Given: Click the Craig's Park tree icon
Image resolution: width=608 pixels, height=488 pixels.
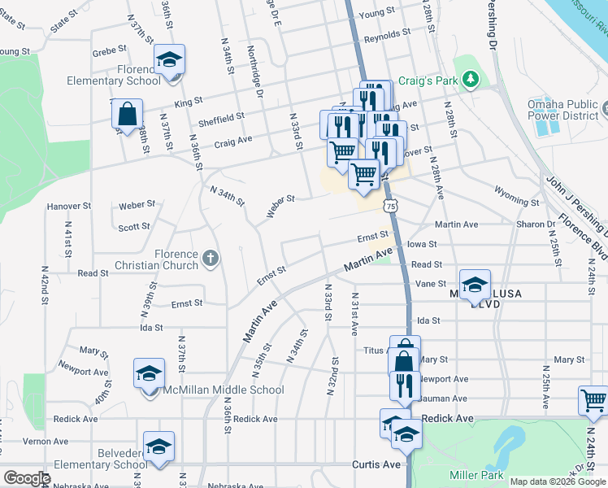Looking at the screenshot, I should pyautogui.click(x=469, y=79).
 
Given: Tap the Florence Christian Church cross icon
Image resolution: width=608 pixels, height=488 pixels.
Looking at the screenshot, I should pyautogui.click(x=211, y=259).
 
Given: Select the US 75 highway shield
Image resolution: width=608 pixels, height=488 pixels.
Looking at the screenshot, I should pyautogui.click(x=392, y=207).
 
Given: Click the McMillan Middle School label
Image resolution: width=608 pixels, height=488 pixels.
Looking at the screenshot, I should pyautogui.click(x=223, y=390).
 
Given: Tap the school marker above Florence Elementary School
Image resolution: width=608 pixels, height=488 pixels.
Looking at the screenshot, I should pyautogui.click(x=170, y=61).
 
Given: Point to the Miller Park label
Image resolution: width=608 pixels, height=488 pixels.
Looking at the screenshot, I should pyautogui.click(x=476, y=475).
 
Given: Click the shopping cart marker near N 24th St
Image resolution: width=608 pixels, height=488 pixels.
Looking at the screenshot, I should pyautogui.click(x=593, y=401).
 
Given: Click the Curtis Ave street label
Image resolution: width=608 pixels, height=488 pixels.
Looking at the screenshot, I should pyautogui.click(x=376, y=464).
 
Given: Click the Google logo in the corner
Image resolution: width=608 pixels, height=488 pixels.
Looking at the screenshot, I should pyautogui.click(x=27, y=478).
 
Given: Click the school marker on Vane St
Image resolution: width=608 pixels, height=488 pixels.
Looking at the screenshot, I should pyautogui.click(x=475, y=285).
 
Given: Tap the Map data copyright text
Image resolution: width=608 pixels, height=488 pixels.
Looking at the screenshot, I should pyautogui.click(x=558, y=481).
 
